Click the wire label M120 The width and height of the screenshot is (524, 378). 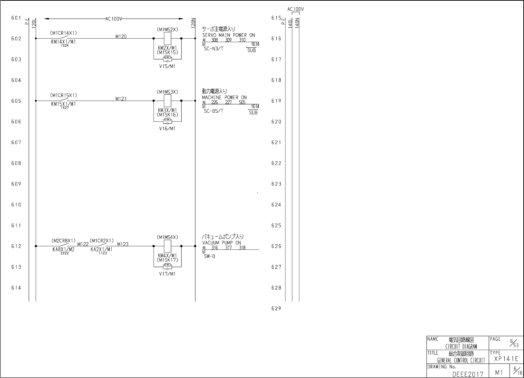point(121,36)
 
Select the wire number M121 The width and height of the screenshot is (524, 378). point(121,99)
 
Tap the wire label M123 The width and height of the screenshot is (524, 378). point(123,244)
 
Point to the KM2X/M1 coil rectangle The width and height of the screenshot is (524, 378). point(167,38)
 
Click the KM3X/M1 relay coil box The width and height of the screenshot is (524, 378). point(167,101)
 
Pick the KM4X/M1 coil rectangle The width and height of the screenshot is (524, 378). point(167,246)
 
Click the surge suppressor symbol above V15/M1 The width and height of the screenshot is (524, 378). point(167,59)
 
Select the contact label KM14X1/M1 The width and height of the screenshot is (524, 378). point(63,42)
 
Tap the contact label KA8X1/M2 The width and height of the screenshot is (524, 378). point(63,249)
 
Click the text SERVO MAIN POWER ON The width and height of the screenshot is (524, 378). point(229,35)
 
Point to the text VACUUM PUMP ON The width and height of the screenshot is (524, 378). point(222,243)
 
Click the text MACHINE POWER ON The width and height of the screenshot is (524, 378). point(224,97)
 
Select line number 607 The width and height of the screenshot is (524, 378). point(16,142)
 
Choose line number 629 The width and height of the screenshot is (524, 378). point(276,309)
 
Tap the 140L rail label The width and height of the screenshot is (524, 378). point(290,22)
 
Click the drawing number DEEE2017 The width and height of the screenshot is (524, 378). point(468,374)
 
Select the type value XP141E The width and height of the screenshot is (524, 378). point(506,359)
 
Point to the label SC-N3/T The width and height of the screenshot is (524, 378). point(214,49)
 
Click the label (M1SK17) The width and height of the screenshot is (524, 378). point(167,260)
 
